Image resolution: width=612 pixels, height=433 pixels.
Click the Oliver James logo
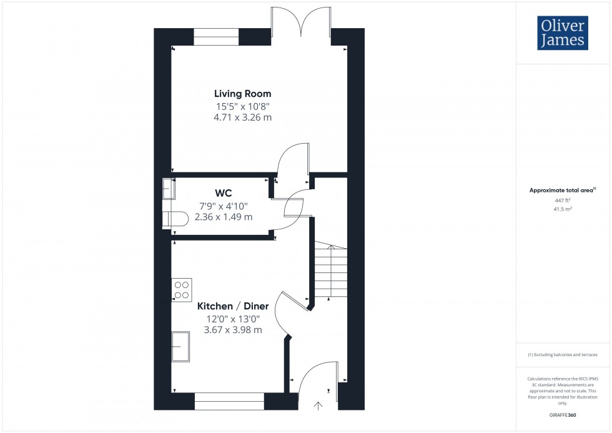click(561, 33)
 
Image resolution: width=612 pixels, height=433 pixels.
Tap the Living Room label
click(242, 94)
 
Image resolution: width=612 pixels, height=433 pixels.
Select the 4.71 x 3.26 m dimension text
click(242, 117)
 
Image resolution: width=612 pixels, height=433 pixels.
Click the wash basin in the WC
click(169, 187)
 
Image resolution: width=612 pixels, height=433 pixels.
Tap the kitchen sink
click(182, 346)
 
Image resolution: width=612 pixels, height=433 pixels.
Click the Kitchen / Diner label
click(233, 306)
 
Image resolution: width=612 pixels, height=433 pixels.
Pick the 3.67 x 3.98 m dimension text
click(233, 329)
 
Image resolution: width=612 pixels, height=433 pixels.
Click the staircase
click(330, 270)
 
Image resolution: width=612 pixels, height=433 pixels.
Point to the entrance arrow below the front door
click(318, 406)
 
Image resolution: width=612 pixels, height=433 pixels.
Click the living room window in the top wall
click(216, 37)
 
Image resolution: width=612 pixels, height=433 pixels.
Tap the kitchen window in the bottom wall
click(229, 401)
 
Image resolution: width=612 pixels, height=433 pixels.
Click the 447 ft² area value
click(563, 201)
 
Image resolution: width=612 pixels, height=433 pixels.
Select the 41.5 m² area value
click(563, 211)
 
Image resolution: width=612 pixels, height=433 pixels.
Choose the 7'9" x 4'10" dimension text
click(224, 206)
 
